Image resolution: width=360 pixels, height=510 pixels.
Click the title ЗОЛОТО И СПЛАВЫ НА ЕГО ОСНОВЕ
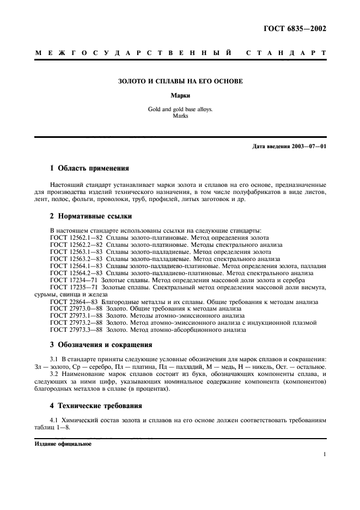point(180,81)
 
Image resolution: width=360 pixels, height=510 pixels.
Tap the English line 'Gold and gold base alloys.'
point(180,109)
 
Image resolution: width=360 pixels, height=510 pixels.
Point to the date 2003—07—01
point(308,147)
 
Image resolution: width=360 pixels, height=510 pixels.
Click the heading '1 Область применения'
point(89,169)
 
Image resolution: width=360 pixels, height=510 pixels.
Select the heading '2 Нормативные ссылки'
point(89,217)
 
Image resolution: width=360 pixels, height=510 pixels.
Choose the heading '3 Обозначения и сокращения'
point(101,344)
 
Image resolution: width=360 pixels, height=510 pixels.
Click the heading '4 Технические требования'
point(96,405)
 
